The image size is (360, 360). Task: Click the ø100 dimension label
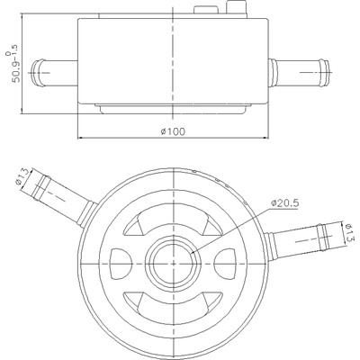click(172, 131)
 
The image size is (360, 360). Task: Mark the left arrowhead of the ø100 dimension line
click(83, 138)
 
